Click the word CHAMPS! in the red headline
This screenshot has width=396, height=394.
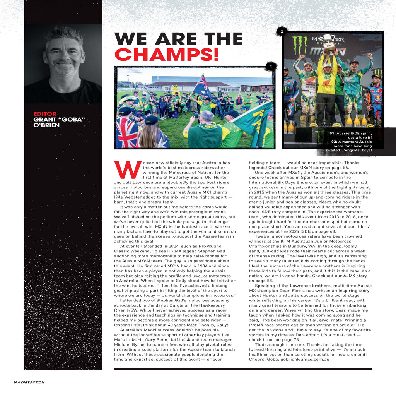(x=166, y=55)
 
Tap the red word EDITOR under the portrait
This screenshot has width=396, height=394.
(x=45, y=114)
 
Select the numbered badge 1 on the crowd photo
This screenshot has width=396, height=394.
(x=271, y=67)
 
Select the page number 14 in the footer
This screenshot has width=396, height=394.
(x=15, y=382)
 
